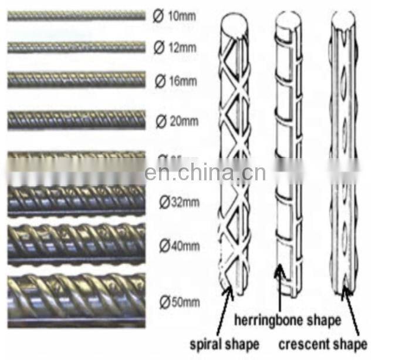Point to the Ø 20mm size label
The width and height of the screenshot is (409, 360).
click(177, 122)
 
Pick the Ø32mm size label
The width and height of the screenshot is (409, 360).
click(180, 203)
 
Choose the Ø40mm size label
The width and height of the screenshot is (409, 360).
click(180, 246)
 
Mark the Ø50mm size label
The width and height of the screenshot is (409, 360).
click(180, 303)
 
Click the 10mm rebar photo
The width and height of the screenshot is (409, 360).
click(76, 16)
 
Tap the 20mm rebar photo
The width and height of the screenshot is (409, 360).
click(76, 121)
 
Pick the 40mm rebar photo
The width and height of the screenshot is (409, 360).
click(76, 244)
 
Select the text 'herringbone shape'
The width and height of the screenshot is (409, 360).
click(288, 320)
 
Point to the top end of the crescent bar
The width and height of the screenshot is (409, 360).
click(343, 21)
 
